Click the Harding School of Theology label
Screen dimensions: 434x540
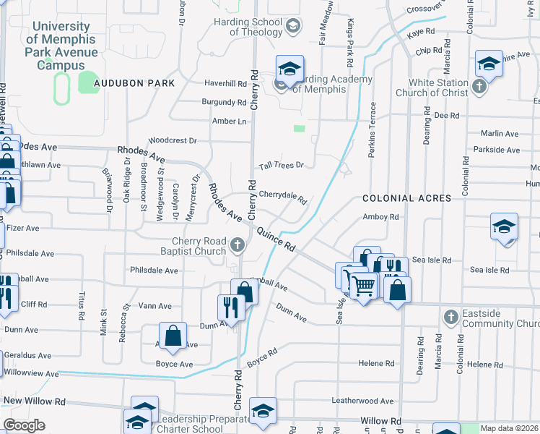coord(256,27)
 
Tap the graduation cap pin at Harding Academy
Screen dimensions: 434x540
coord(289,69)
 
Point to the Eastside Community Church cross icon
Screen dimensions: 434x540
coord(450,317)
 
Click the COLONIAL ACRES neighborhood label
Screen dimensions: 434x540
coord(406,198)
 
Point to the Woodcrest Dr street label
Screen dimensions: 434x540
coord(173,140)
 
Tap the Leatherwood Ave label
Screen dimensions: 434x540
coord(362,400)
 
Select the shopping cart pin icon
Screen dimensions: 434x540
coord(362,284)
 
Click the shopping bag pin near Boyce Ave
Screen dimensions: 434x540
coord(173,335)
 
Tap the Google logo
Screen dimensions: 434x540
coord(24,425)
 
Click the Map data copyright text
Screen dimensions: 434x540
coord(509,428)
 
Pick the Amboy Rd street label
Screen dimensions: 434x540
coord(380,217)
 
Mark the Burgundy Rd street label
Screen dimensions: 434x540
coord(224,103)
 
